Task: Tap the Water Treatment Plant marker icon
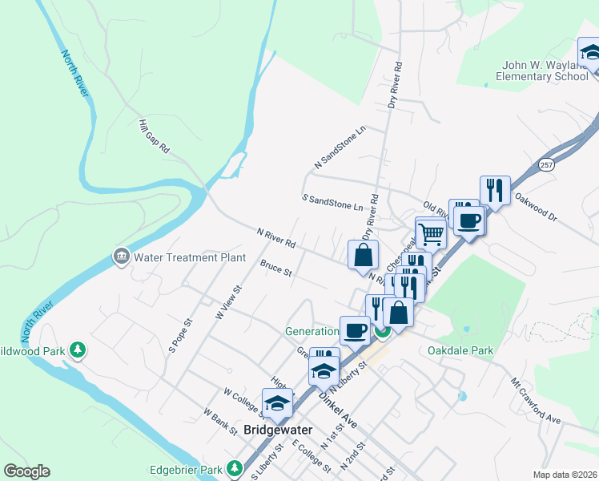[x=122, y=257]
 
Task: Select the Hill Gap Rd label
[x=154, y=136]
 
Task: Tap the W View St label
[x=228, y=301]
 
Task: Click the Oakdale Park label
[x=460, y=350]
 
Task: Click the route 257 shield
[x=547, y=164]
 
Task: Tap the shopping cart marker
[x=431, y=233]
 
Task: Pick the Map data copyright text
[x=564, y=475]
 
